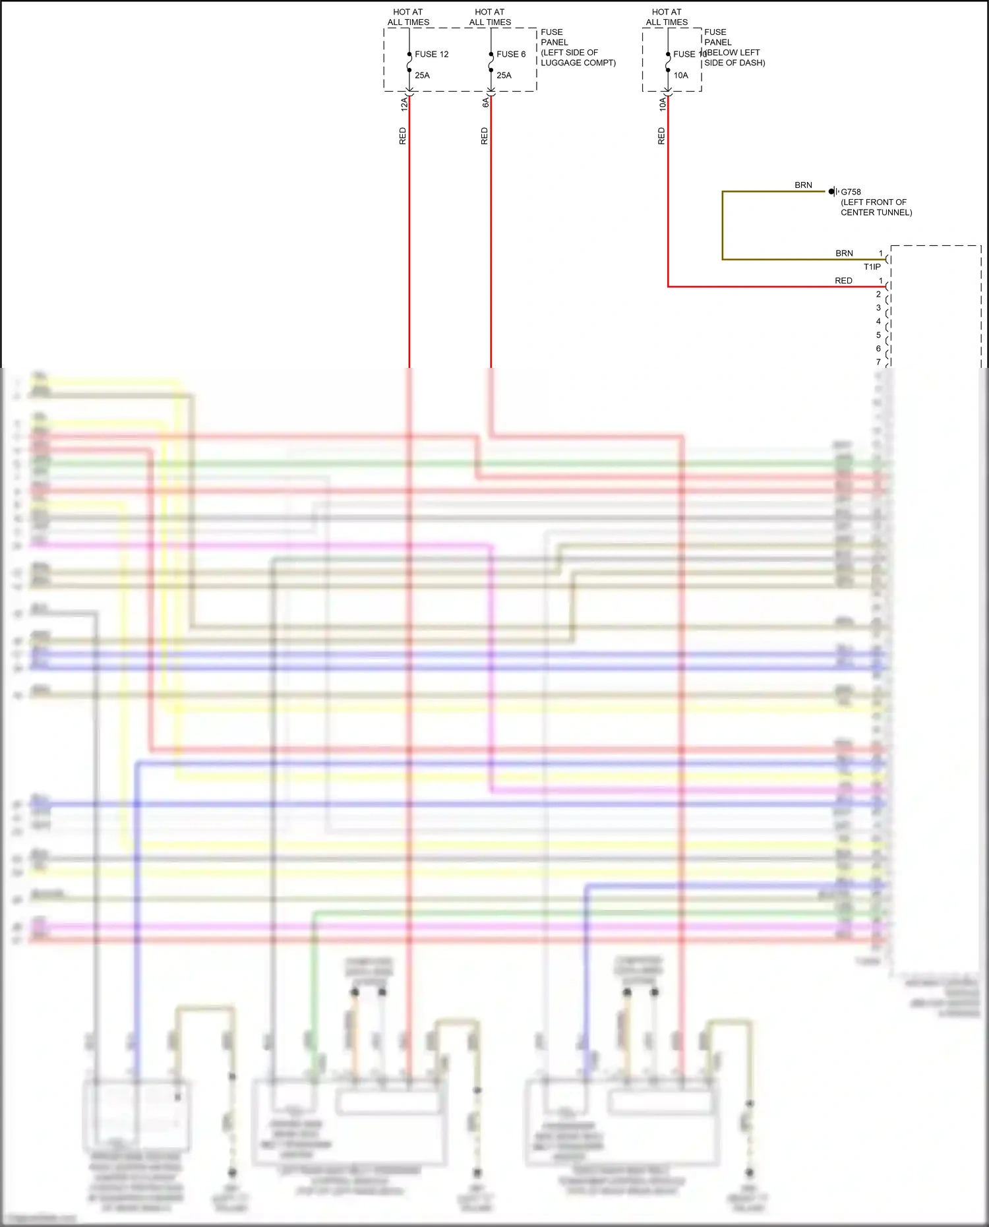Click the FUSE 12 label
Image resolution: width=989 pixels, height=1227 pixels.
point(431,54)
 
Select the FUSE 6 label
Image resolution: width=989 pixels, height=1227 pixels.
point(511,54)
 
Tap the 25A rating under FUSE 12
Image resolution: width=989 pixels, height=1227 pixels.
point(422,75)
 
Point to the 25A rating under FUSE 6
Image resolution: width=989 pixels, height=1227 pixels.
point(504,75)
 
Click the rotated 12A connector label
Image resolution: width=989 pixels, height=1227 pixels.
point(404,104)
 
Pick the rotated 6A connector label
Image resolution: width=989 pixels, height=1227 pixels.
point(486,102)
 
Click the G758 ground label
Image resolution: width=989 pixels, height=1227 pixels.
point(851,192)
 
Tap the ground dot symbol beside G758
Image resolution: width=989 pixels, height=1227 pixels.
point(832,191)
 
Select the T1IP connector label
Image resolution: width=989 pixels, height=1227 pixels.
point(872,267)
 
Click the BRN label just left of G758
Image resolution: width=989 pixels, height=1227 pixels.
point(803,185)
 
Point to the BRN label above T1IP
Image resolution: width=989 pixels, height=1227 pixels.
point(844,253)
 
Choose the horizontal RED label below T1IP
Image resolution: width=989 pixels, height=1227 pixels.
point(843,281)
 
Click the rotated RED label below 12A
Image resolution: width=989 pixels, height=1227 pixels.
point(403,136)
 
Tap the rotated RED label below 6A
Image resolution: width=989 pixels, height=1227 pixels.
point(485,136)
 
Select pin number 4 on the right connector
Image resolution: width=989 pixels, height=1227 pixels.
point(878,322)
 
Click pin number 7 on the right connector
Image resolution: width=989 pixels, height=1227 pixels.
point(878,362)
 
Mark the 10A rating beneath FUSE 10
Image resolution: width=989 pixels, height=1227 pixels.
point(680,75)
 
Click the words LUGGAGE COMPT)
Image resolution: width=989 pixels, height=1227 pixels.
point(578,63)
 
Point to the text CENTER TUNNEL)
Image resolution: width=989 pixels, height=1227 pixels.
point(876,212)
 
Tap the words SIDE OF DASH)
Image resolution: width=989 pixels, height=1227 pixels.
point(734,63)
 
